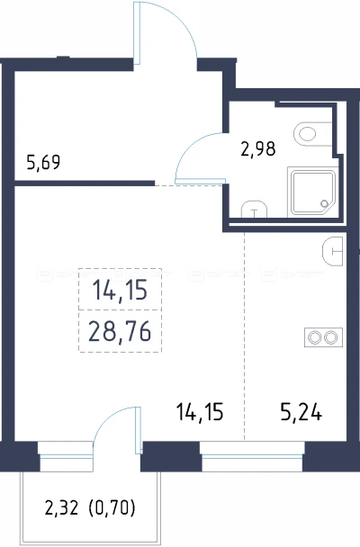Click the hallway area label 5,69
43,162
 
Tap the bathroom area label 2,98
258,148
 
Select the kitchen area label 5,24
301,413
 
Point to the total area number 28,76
120,331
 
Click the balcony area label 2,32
61,507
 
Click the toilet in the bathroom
312,134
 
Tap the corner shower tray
312,193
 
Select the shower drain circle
324,203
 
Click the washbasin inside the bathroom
254,209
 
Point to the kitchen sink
333,251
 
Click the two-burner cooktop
323,337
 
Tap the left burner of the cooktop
315,337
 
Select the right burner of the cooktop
330,337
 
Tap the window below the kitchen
252,456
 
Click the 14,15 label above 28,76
120,291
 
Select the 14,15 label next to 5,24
200,413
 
